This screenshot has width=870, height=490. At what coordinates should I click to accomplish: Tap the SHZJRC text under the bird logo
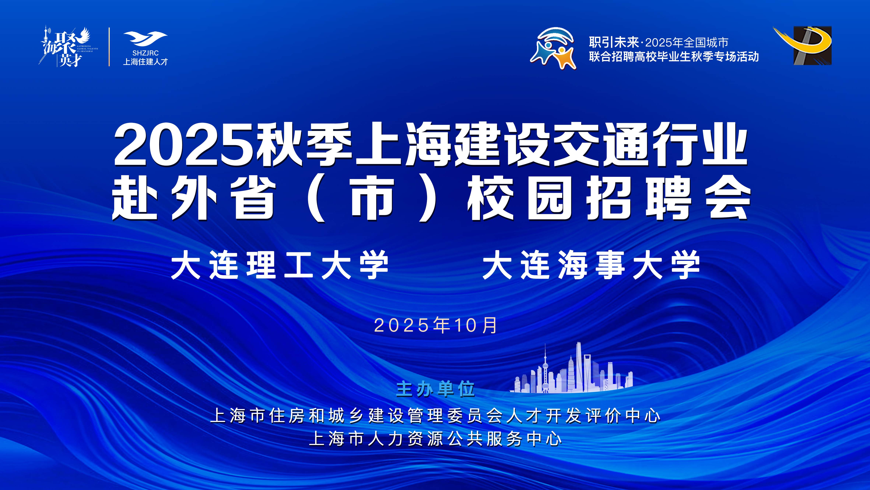coord(145,53)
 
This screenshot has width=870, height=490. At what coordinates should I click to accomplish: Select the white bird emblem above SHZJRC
coord(145,39)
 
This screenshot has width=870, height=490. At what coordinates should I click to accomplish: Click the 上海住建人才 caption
coord(145,62)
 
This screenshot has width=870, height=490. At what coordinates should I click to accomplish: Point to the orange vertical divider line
coord(109,47)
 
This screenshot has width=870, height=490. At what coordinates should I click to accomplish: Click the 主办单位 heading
coord(435,389)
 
